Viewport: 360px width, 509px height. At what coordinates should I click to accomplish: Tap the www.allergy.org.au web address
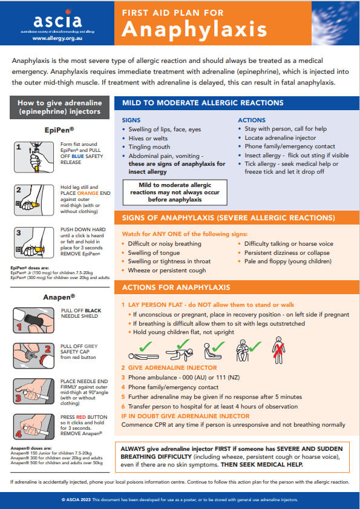[x=57, y=38]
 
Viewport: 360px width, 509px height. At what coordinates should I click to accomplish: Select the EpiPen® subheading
[x=59, y=129]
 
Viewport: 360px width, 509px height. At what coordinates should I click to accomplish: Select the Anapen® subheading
[x=59, y=297]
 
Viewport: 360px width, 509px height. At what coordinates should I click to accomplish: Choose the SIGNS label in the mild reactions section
[x=131, y=120]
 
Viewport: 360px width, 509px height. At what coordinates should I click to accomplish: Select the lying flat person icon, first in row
[x=143, y=351]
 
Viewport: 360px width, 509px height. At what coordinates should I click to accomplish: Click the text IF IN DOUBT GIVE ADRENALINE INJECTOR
[x=185, y=416]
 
